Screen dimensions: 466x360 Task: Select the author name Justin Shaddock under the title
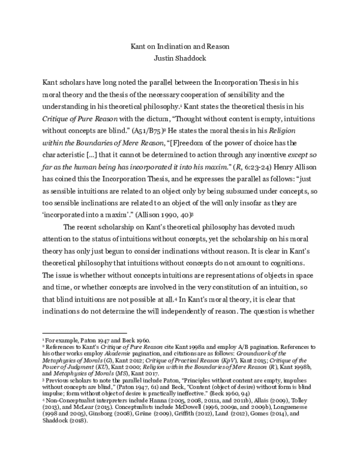pos(179,58)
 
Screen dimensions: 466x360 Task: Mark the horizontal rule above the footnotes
pos(83,332)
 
